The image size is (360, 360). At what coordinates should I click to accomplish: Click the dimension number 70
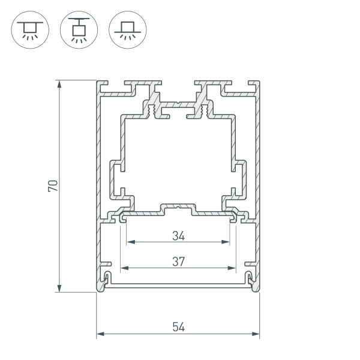[53, 185]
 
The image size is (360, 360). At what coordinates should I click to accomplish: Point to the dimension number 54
[178, 326]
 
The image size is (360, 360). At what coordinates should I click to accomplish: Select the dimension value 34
[178, 236]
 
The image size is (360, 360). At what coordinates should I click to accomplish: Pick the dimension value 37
[178, 261]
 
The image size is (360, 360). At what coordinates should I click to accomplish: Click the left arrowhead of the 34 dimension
[129, 243]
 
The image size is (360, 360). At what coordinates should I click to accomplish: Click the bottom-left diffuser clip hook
[107, 277]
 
